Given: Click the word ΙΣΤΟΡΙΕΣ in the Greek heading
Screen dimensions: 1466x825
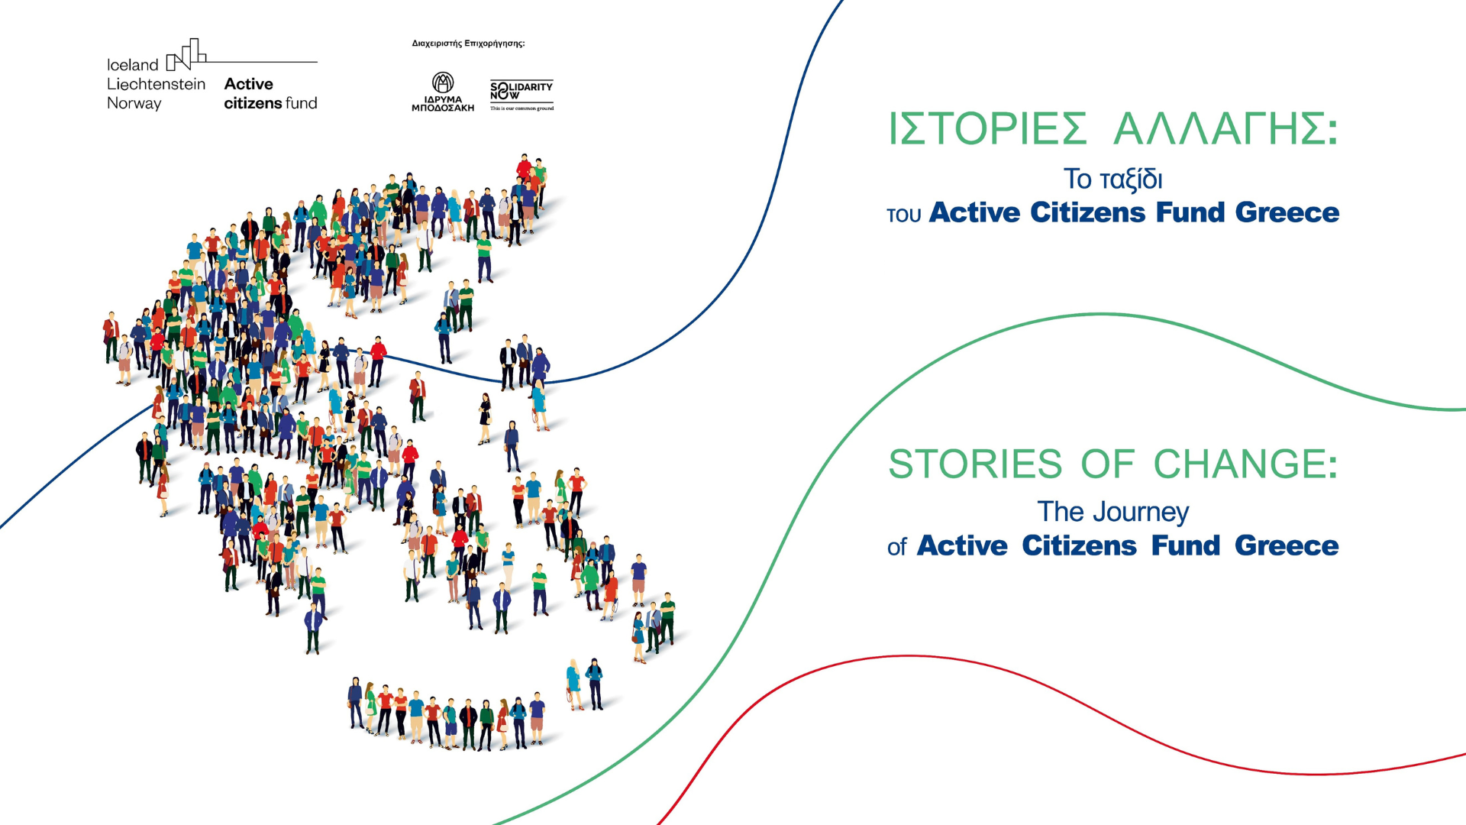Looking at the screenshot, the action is [987, 128].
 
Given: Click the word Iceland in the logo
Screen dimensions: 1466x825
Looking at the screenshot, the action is [132, 65].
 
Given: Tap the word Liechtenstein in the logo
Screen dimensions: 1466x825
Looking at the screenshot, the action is [156, 84].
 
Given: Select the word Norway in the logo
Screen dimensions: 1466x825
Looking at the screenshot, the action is [134, 103].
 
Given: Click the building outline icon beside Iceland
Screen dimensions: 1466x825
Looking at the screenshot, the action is [186, 55].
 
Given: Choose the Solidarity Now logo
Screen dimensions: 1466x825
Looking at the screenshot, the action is [521, 95].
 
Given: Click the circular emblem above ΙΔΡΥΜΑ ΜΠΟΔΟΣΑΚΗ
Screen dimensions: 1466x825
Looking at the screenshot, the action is [443, 82].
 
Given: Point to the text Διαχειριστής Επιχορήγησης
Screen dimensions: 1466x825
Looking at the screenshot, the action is [468, 44].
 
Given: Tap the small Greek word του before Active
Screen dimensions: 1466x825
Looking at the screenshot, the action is [904, 215].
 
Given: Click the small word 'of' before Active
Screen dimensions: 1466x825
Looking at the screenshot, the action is [896, 547].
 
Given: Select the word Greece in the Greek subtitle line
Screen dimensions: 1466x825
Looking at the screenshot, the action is [1287, 212].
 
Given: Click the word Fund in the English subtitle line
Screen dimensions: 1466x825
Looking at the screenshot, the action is [1185, 545].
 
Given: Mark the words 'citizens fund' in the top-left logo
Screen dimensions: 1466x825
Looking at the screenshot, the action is [270, 103].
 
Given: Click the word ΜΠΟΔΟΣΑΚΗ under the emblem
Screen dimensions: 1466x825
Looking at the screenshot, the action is [443, 108].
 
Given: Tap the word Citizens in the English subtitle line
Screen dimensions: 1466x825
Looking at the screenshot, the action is [1080, 545].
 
